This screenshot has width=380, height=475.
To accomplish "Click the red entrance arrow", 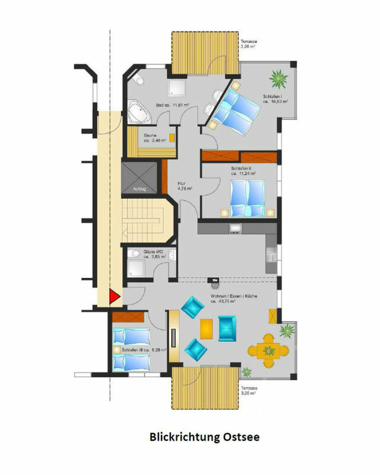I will click(114, 297).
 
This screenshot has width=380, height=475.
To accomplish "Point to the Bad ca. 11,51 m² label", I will click(172, 105).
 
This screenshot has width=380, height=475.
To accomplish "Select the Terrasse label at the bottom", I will click(249, 390).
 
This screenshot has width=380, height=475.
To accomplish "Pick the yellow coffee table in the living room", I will click(207, 328).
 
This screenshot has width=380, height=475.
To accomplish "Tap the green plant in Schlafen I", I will click(277, 78).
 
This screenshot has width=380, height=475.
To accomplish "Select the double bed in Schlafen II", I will click(249, 198).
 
